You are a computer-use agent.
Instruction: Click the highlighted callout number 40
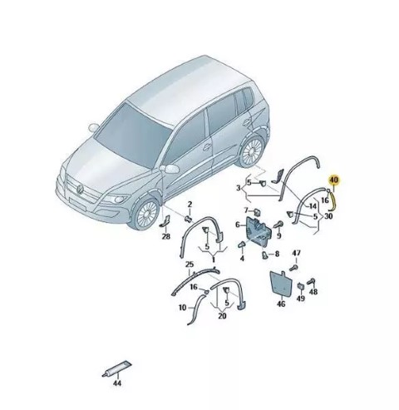point(334,180)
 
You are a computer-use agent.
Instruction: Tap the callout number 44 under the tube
point(117,383)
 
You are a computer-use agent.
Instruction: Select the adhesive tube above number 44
point(116,368)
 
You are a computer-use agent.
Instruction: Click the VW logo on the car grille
point(80,189)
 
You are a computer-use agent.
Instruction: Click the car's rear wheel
point(252,151)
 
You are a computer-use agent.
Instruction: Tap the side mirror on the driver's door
point(170,169)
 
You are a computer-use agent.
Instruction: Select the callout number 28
point(166,236)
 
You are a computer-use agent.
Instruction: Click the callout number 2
point(190,205)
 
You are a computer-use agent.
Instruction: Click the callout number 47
point(296,253)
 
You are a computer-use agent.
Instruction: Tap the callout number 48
point(313,292)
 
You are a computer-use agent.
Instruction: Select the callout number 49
point(301,299)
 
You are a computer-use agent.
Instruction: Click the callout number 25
point(190,264)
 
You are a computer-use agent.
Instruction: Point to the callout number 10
point(183,308)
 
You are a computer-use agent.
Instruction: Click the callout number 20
point(222,316)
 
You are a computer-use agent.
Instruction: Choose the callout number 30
point(328,216)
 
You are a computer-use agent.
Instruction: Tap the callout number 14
point(313,206)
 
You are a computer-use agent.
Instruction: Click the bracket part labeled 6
point(258,230)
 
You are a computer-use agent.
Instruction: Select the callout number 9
point(279,235)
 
